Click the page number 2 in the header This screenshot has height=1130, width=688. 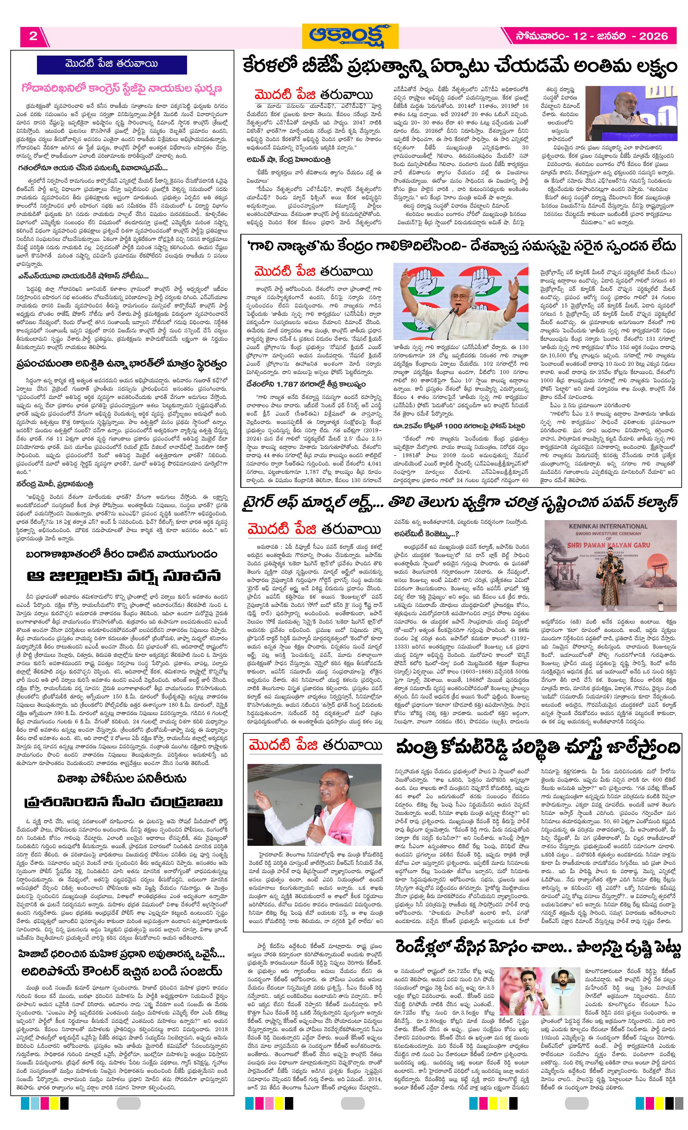click(x=33, y=36)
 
